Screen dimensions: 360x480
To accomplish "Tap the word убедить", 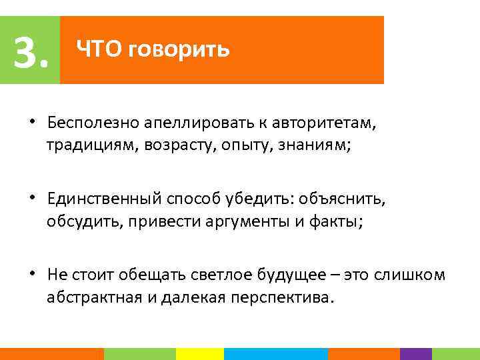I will point(263,199).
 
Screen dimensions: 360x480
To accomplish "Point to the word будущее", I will point(283,275).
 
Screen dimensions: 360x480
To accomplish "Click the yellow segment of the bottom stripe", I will point(199,354).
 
